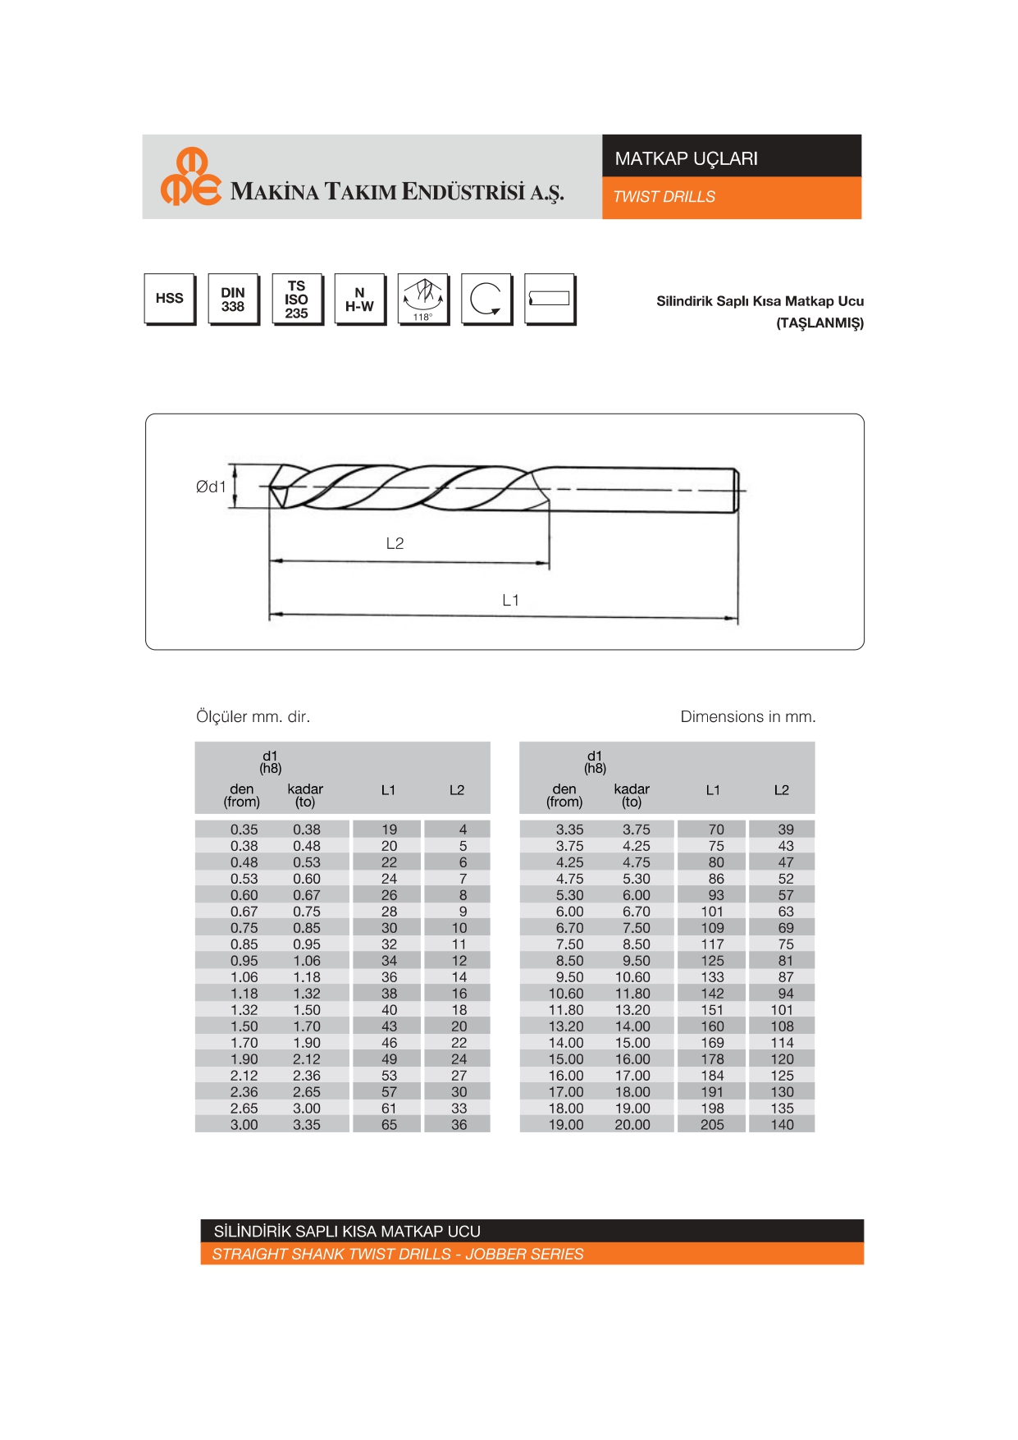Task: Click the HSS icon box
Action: tap(170, 299)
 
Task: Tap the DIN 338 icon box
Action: tap(233, 299)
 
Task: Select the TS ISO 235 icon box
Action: tap(296, 299)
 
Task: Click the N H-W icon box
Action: tap(359, 299)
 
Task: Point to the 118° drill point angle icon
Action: tap(422, 299)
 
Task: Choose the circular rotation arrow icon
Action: tap(486, 299)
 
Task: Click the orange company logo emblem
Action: tap(191, 176)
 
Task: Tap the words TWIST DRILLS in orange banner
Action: tap(664, 197)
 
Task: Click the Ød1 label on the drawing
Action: tap(211, 487)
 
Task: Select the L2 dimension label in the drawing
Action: tap(395, 543)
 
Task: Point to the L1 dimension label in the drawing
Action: tap(510, 600)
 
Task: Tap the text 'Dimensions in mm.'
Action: tap(747, 716)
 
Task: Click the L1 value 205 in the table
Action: tap(712, 1125)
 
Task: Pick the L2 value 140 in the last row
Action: tap(782, 1125)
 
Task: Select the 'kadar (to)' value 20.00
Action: tap(632, 1125)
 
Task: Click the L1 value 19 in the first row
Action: tap(389, 830)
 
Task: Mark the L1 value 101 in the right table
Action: tap(712, 912)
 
